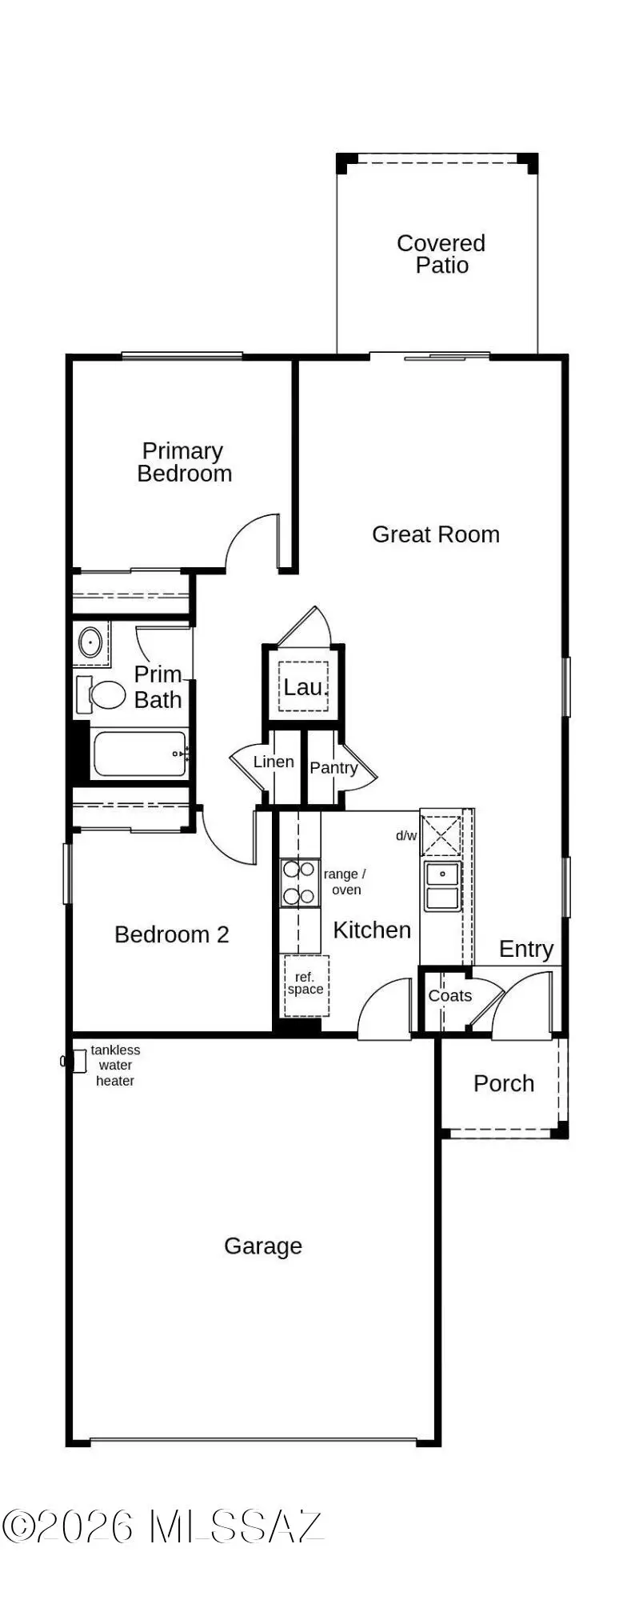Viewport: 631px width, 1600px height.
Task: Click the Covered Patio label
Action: pos(441,254)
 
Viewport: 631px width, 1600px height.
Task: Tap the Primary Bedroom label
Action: pos(184,462)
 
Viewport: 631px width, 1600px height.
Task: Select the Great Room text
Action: pos(435,534)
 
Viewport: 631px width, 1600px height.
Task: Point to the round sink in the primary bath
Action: pos(90,642)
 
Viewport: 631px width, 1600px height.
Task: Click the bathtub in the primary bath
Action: pos(140,754)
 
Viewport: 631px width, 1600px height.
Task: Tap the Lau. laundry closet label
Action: pos(303,686)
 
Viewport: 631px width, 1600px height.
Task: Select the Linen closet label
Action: pos(274,762)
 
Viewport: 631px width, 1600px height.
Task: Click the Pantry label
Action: pos(333,768)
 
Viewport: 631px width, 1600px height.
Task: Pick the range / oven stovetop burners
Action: pos(298,883)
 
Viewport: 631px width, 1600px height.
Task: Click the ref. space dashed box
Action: pos(306,985)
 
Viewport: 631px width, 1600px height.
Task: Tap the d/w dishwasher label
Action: pos(406,836)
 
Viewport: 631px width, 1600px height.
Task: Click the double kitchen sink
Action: pos(441,886)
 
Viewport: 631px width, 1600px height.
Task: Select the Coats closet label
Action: pos(449,996)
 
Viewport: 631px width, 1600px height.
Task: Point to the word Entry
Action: pos(526,949)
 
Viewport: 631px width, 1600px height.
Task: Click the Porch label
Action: pos(503,1083)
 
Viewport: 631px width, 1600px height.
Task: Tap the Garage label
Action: pos(262,1246)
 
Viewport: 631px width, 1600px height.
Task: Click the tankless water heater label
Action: pos(115,1066)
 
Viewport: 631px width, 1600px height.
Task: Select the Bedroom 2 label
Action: pos(171,934)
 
